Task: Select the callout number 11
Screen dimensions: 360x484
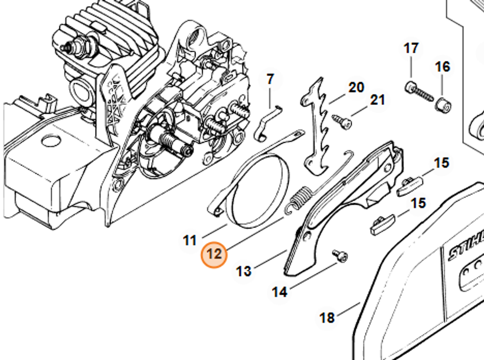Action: point(190,240)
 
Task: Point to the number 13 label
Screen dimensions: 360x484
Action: point(244,271)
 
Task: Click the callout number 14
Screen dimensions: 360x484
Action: point(279,292)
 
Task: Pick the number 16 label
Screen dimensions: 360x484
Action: point(442,67)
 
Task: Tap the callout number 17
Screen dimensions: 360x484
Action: point(411,49)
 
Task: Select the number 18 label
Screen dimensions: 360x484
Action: point(327,318)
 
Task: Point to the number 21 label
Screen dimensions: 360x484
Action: point(378,100)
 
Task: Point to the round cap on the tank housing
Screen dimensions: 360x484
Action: point(50,141)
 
